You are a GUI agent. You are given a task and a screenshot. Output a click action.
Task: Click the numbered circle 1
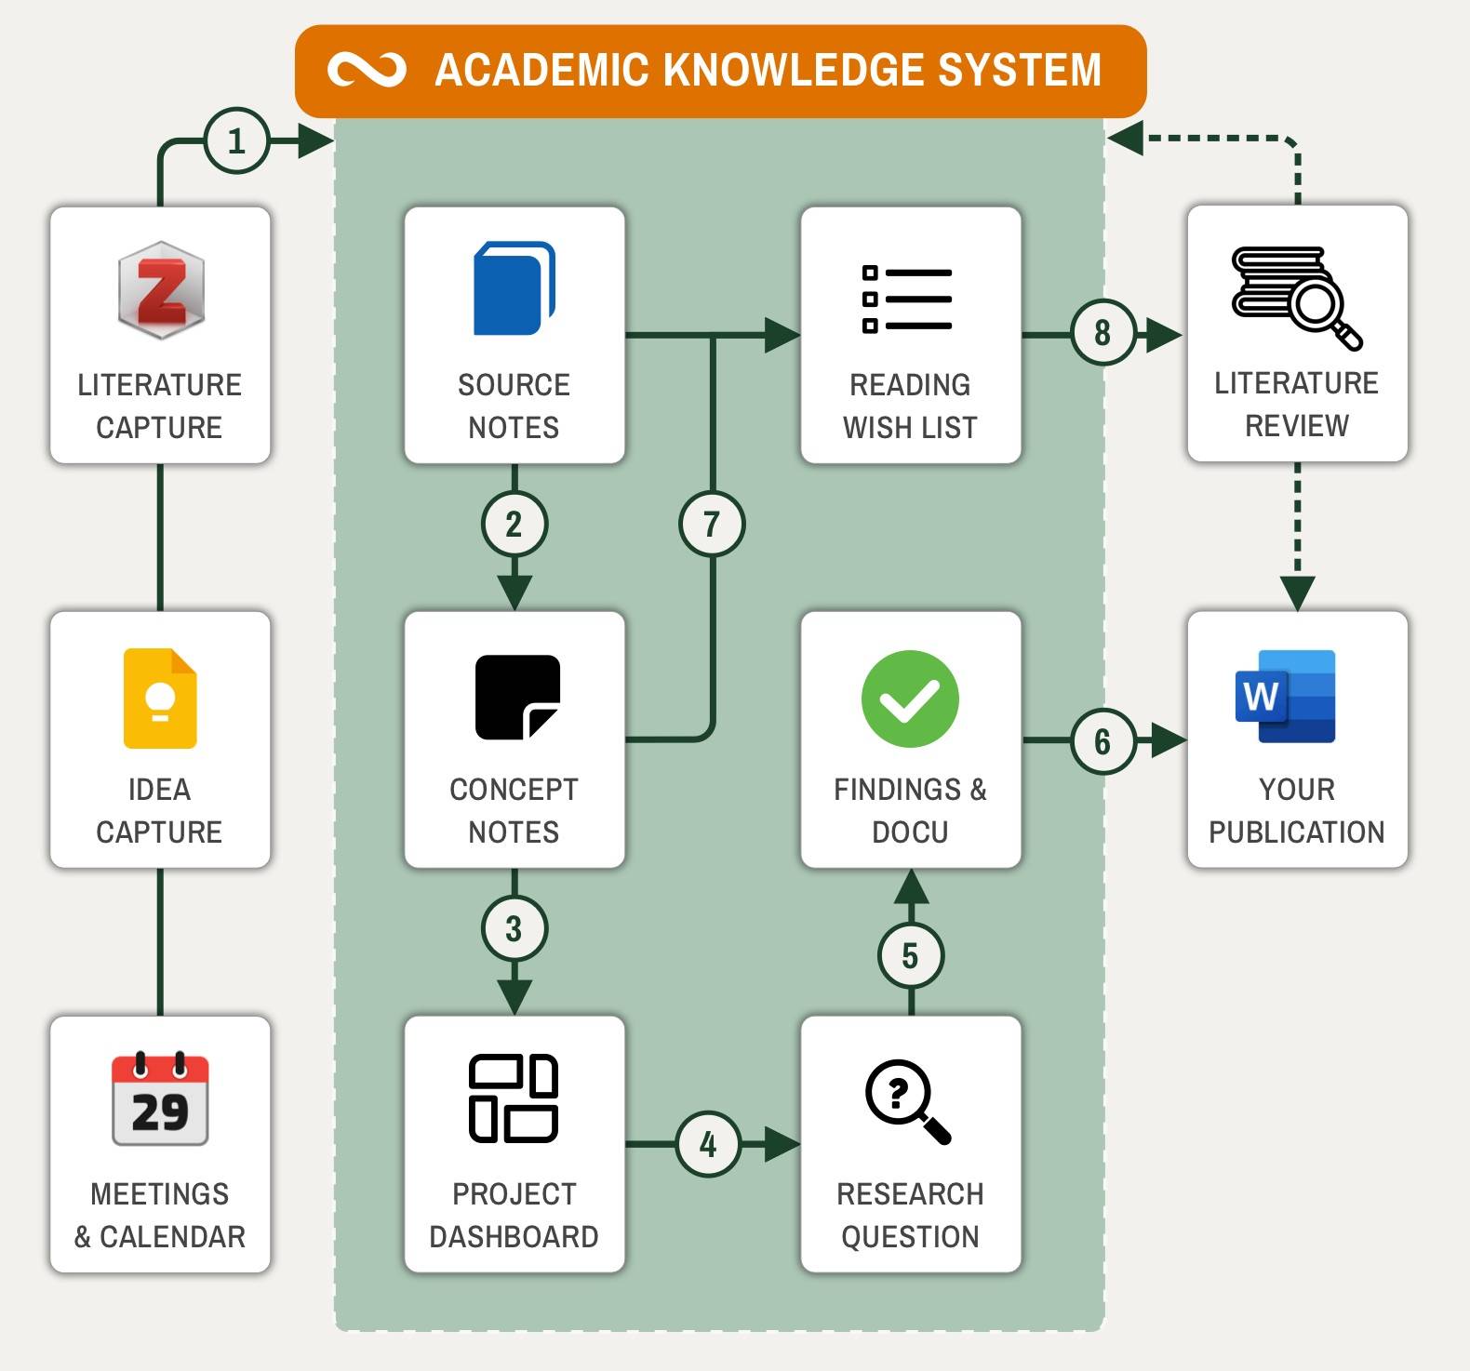point(236,141)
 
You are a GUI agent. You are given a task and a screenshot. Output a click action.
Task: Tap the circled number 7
point(712,524)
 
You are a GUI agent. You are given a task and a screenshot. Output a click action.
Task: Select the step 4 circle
point(708,1144)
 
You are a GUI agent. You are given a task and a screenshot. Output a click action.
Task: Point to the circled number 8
point(1102,332)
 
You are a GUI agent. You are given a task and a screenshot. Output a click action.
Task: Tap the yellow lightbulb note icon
point(160,698)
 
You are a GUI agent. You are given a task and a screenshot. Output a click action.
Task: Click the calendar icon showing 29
point(160,1100)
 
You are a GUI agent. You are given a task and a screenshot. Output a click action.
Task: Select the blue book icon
point(514,288)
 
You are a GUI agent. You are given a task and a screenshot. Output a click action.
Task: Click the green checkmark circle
point(910,699)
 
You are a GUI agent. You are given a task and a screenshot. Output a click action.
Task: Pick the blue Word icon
point(1285,697)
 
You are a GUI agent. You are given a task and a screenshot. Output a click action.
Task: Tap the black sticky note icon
point(517,698)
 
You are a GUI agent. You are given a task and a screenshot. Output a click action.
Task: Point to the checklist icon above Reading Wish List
point(906,299)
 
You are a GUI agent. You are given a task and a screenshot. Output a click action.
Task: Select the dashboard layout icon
point(514,1098)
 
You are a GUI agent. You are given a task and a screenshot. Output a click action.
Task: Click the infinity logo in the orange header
point(367,71)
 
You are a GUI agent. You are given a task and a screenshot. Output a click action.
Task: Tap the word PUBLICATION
point(1296,832)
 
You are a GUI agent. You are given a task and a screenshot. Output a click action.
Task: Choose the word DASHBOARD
point(514,1236)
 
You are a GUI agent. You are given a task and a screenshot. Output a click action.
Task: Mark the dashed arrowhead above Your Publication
point(1297,592)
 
